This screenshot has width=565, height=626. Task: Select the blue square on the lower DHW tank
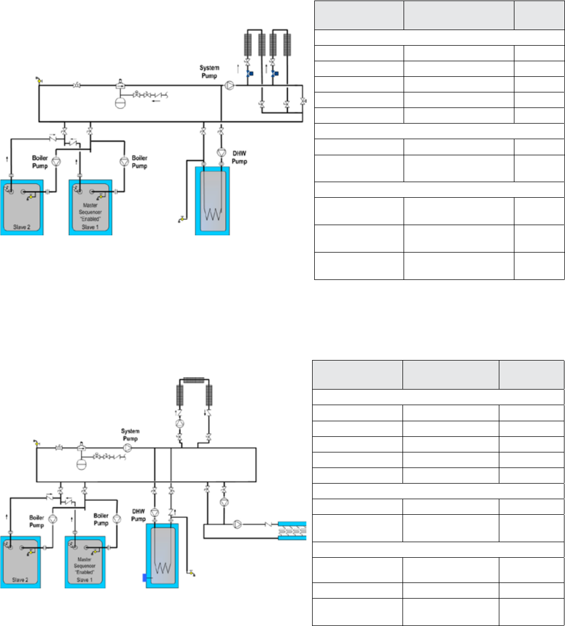[144, 578]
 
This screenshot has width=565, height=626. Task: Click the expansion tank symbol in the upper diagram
[120, 102]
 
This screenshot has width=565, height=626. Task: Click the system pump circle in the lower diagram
[128, 448]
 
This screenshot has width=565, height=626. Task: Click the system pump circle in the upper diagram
[230, 85]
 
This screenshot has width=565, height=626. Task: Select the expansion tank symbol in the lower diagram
[81, 463]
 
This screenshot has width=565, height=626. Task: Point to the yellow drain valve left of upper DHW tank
[181, 218]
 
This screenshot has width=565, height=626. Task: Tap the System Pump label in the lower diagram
[131, 434]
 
